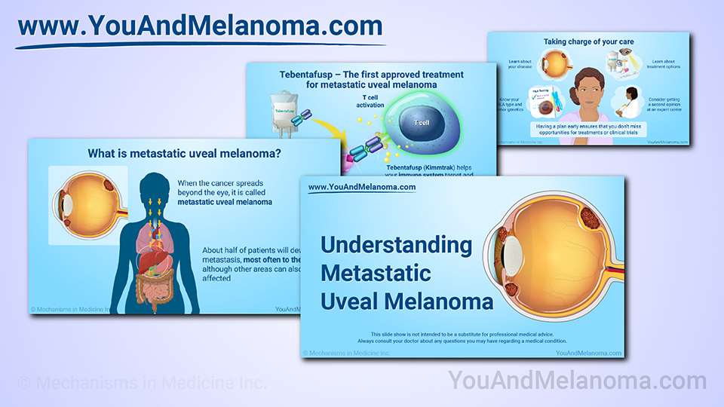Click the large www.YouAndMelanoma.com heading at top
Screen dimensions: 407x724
200,26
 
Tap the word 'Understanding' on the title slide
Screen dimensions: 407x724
396,245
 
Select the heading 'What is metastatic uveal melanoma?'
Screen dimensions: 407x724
184,154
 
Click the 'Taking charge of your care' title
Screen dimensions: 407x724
587,42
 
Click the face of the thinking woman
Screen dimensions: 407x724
584,89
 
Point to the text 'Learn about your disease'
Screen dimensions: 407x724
520,64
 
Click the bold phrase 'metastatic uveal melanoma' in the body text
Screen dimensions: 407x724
225,202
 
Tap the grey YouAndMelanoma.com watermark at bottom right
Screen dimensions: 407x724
577,381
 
